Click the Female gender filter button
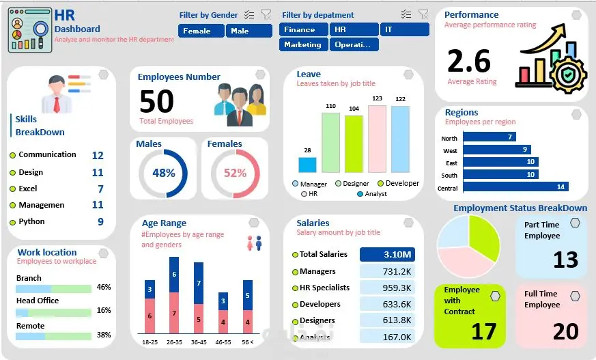[201, 31]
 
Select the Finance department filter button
[303, 29]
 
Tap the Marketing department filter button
[303, 44]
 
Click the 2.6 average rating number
[469, 61]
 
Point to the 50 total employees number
[156, 102]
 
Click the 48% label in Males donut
[164, 174]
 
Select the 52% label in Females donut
[235, 174]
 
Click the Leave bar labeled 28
[307, 165]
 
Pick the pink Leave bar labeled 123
[377, 138]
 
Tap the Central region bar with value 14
[515, 186]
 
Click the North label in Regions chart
[449, 138]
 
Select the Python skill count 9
[100, 222]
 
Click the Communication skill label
[47, 155]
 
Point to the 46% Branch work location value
[104, 288]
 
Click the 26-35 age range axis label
[173, 342]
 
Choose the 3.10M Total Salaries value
[387, 255]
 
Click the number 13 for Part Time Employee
[565, 260]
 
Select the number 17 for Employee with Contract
[483, 331]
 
